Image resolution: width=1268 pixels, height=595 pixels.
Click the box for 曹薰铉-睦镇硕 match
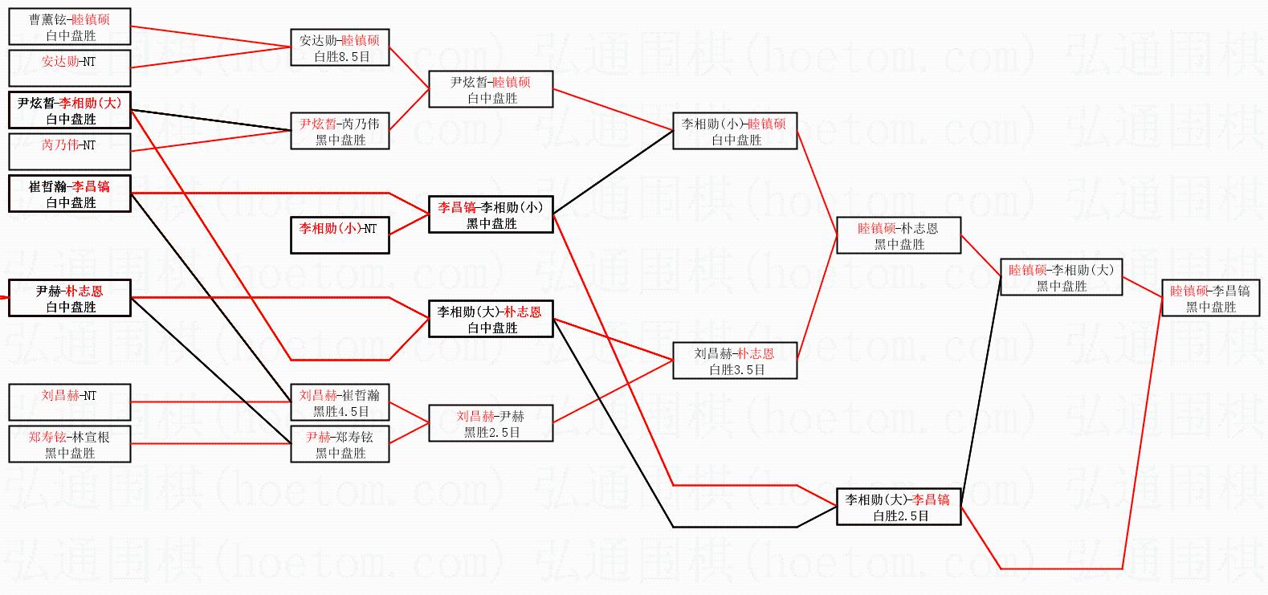click(70, 27)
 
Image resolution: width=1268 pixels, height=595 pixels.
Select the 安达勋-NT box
click(70, 68)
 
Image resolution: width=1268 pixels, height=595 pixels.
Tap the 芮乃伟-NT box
click(70, 152)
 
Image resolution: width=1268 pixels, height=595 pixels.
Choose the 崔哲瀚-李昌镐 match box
click(70, 194)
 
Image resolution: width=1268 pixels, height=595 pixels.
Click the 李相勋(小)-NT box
click(340, 236)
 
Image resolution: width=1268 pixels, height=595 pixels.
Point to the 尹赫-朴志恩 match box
click(70, 299)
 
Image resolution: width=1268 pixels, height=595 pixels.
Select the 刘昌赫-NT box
click(70, 403)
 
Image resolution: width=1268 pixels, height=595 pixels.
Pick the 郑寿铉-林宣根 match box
click(70, 445)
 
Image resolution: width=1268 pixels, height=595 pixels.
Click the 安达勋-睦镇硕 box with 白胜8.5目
click(340, 48)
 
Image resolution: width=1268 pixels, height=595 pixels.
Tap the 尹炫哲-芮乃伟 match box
click(340, 132)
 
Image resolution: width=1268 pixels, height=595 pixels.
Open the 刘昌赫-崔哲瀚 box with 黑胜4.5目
click(340, 403)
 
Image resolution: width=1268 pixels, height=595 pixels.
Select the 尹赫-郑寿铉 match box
click(340, 445)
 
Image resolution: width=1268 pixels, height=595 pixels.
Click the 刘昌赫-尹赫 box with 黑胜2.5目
click(491, 424)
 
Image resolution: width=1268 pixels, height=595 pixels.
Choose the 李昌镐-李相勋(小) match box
click(491, 215)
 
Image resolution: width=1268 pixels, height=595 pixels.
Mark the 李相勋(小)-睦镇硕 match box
click(735, 132)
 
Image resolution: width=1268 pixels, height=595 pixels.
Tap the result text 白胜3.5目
click(736, 370)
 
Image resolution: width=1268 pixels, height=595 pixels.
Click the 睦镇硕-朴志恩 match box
click(899, 236)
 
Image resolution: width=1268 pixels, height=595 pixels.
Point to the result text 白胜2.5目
click(901, 516)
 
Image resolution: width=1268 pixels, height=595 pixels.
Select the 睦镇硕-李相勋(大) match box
click(1061, 278)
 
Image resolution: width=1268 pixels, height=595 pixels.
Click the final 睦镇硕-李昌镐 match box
click(1210, 299)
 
